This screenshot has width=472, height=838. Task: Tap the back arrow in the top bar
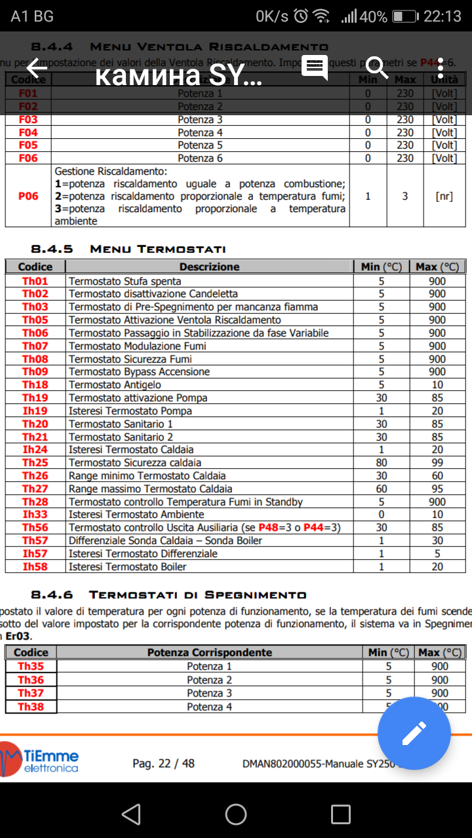(x=37, y=67)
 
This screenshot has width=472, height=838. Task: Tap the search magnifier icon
(x=377, y=67)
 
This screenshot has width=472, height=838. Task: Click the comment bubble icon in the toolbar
(x=315, y=67)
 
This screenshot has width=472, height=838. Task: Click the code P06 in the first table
(x=28, y=196)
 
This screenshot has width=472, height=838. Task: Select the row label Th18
(x=35, y=384)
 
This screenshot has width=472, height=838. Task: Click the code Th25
(x=35, y=462)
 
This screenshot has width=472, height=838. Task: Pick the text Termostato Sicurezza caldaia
(x=134, y=462)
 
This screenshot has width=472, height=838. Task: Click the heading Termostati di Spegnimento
(x=197, y=594)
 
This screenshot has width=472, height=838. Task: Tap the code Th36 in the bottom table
(x=31, y=680)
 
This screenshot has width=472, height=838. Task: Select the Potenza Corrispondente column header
(x=209, y=652)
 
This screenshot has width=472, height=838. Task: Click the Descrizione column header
(x=209, y=266)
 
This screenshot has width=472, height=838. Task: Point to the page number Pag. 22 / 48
(x=163, y=763)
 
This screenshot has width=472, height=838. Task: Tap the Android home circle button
(x=236, y=814)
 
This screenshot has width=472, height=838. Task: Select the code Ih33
(x=35, y=515)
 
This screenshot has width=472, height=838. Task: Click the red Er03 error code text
(x=17, y=636)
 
